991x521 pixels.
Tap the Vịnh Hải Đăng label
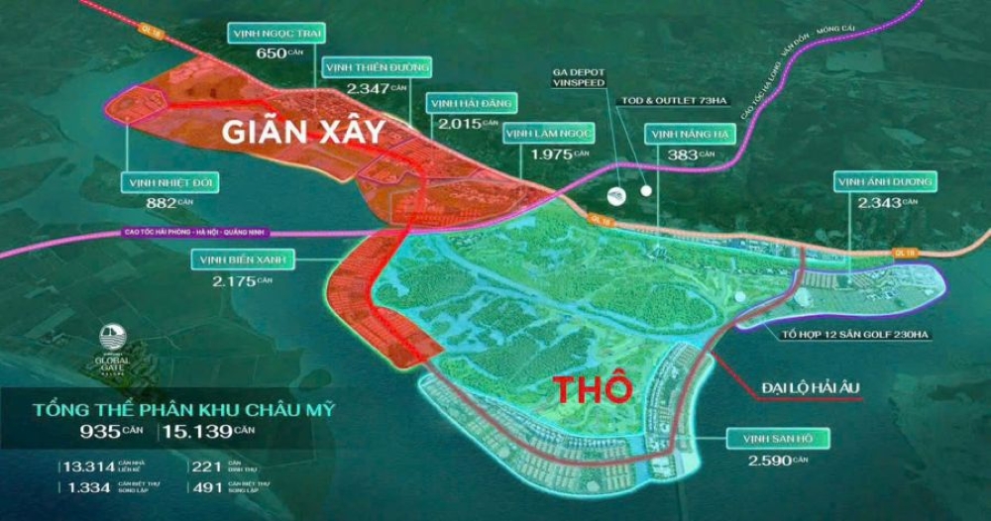coord(469,103)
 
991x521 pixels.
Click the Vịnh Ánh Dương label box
coord(885,181)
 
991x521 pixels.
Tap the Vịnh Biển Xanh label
coord(235,260)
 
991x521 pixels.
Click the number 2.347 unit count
coord(368,88)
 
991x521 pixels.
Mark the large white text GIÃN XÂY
coord(303,133)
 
